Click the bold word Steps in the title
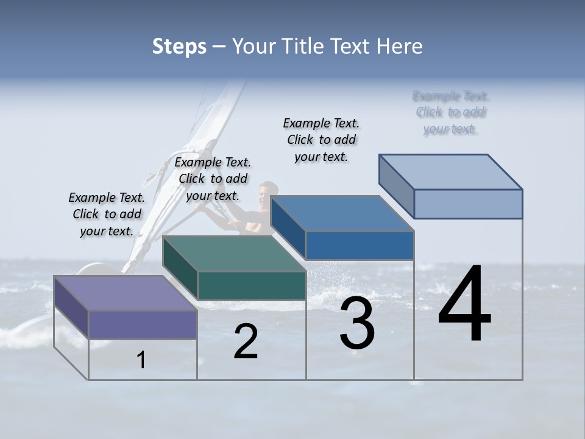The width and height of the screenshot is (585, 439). [x=179, y=46]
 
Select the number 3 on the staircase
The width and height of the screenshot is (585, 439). [x=357, y=323]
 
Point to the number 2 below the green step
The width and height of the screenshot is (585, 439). [x=246, y=341]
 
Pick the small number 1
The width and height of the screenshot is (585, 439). [x=141, y=360]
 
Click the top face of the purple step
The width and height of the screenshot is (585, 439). [x=126, y=293]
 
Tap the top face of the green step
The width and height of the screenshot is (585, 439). [x=234, y=254]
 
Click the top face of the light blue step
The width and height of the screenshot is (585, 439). [x=451, y=172]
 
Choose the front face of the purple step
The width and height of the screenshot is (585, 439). [x=143, y=324]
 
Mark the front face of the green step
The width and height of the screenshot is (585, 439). [x=252, y=285]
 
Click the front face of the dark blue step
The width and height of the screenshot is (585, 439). [x=360, y=245]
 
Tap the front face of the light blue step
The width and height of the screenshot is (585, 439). [x=468, y=204]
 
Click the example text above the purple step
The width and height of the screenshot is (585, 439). [x=107, y=214]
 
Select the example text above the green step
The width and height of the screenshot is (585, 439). [x=213, y=179]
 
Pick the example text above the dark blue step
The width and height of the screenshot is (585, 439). [x=321, y=140]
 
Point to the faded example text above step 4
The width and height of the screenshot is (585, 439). [x=451, y=112]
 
